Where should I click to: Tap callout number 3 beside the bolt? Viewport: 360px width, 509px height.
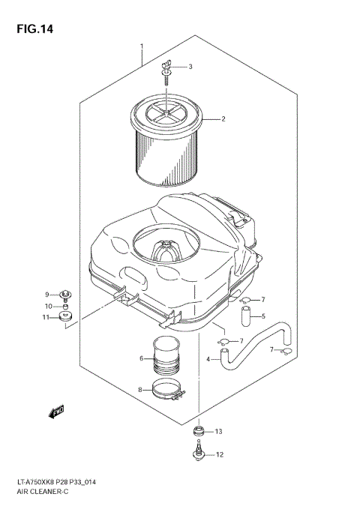[x=190, y=67]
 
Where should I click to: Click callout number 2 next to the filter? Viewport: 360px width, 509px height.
[x=223, y=119]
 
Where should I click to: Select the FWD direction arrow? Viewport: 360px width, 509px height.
[x=56, y=410]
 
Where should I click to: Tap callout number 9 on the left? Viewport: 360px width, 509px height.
[x=46, y=294]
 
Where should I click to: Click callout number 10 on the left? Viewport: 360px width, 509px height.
[x=46, y=306]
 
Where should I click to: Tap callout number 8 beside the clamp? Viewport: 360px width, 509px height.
[x=139, y=390]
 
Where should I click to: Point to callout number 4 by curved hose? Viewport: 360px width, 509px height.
[x=208, y=359]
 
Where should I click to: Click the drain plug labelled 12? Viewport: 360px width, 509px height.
[x=198, y=452]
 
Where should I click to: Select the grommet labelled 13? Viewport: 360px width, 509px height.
[x=198, y=431]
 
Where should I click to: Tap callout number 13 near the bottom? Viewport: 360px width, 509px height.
[x=219, y=432]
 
